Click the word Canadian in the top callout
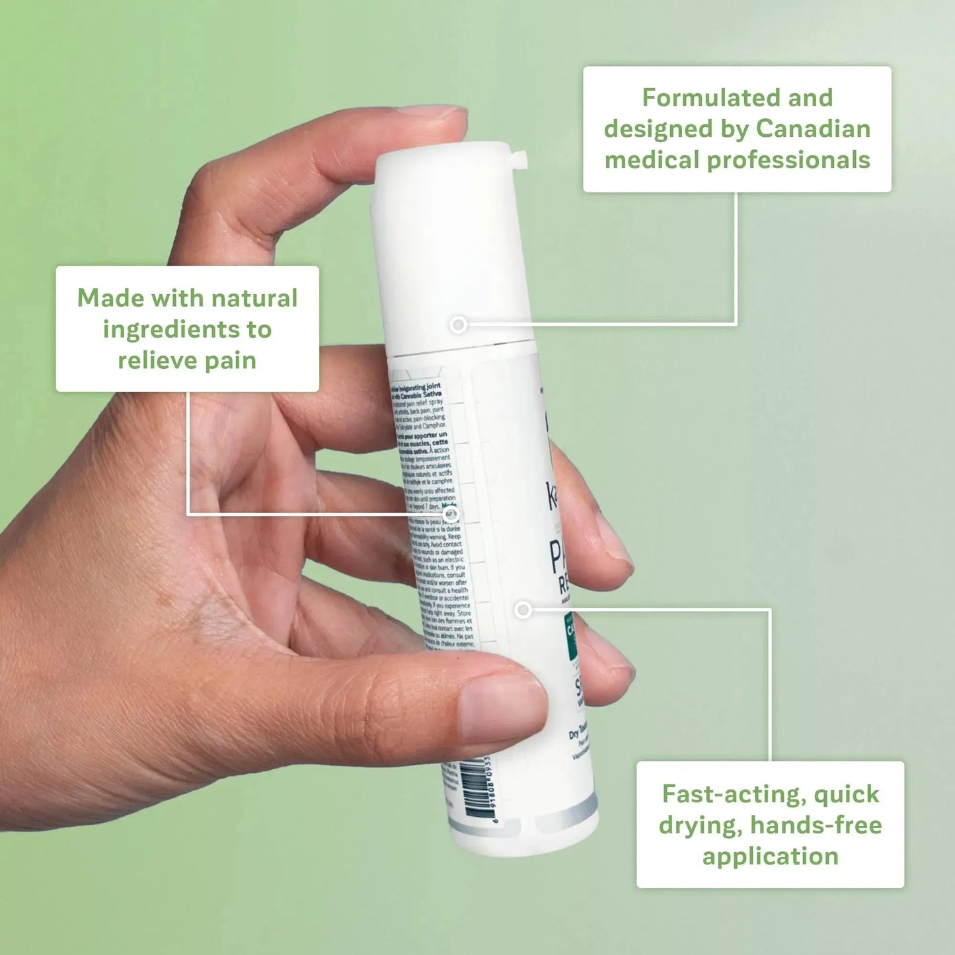click(813, 129)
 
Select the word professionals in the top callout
click(788, 161)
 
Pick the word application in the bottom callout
click(770, 857)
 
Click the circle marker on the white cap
click(458, 325)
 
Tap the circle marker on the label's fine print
click(450, 514)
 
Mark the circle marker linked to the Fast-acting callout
click(523, 609)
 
